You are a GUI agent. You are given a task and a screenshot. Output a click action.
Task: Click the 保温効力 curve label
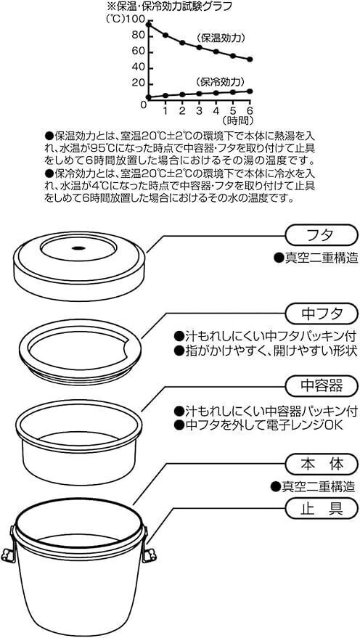coord(220,38)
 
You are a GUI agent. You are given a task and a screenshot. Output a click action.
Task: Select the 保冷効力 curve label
coord(220,81)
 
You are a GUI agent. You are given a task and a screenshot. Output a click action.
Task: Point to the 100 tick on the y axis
coord(137,19)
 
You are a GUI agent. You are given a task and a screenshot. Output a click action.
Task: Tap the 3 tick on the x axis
coord(199,110)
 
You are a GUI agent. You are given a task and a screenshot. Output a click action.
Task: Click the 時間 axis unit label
coord(237,120)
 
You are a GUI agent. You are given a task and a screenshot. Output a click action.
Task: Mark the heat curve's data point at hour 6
coord(250,60)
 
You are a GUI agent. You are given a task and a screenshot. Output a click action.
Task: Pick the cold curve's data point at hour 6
coord(250,91)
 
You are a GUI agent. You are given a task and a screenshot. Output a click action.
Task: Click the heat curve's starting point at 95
coord(149,25)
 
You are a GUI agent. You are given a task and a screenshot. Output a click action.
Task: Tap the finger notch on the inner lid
coord(131,346)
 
